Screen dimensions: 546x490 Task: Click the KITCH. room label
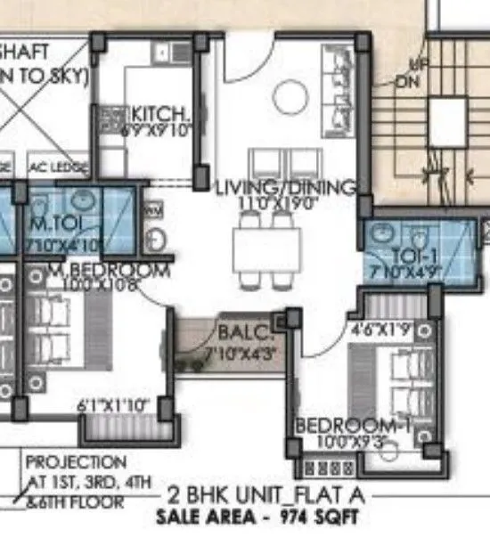[x=160, y=115]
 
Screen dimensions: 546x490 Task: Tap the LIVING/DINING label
[x=286, y=188]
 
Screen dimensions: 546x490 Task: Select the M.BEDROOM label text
[x=97, y=270]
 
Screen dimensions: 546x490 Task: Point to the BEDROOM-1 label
[x=353, y=425]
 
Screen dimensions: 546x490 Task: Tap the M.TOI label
[x=52, y=222]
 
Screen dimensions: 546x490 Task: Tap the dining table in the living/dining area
[x=265, y=251]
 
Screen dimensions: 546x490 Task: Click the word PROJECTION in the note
[x=76, y=462]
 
